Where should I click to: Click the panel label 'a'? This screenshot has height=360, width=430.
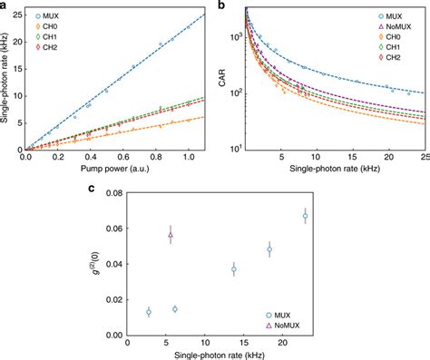5,5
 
